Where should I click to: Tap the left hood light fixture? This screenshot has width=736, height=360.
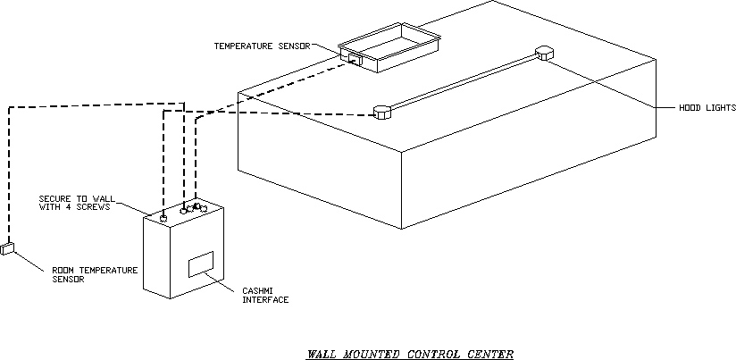(x=381, y=113)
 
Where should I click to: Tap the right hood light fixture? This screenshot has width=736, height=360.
(x=545, y=53)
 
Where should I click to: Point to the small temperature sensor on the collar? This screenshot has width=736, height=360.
(x=353, y=60)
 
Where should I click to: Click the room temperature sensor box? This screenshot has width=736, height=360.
(x=9, y=248)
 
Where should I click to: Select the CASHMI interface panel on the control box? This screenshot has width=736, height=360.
(x=201, y=264)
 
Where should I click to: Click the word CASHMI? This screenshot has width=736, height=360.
(x=257, y=291)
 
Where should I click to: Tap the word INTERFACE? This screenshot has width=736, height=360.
(x=265, y=300)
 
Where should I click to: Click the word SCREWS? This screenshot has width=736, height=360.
(x=96, y=206)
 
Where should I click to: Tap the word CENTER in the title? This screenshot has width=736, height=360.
(x=490, y=354)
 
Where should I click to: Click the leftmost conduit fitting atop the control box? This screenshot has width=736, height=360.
(x=163, y=217)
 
